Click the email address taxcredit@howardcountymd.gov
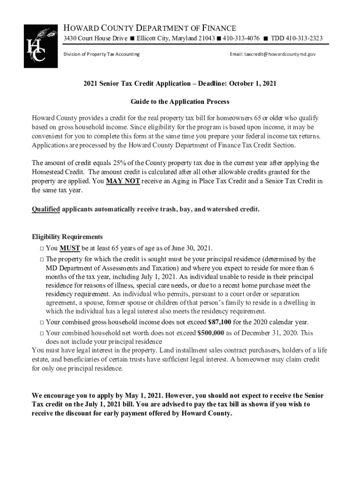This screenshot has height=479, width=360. pos(273,54)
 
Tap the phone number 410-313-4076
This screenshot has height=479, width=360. pos(241,38)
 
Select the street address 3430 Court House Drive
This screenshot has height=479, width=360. pos(95,38)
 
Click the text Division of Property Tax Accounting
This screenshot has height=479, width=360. pos(101,54)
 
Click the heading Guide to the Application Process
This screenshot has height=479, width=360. pos(180,102)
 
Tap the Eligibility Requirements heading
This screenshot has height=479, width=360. pos(67,237)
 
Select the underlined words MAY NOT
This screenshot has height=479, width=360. pos(122,181)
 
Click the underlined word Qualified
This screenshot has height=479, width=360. pos(46,209)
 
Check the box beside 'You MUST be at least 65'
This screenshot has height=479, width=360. pos(42,248)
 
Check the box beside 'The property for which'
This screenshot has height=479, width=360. pos(42,259)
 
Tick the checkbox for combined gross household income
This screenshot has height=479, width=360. pos(42,322)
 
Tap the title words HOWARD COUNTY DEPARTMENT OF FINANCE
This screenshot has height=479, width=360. pos(150,28)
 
